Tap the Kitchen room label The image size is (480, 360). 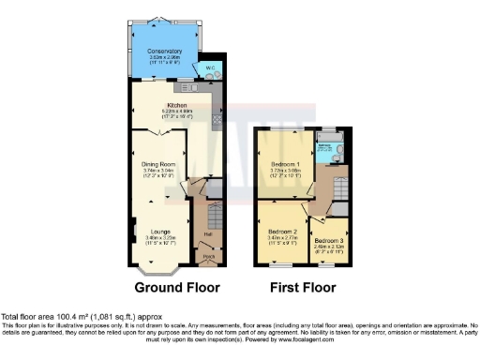(x=177, y=104)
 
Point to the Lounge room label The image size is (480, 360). (x=160, y=231)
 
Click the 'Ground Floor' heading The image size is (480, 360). (x=172, y=287)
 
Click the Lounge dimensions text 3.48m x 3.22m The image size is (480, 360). (x=160, y=240)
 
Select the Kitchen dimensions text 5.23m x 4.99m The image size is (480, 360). (x=177, y=111)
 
